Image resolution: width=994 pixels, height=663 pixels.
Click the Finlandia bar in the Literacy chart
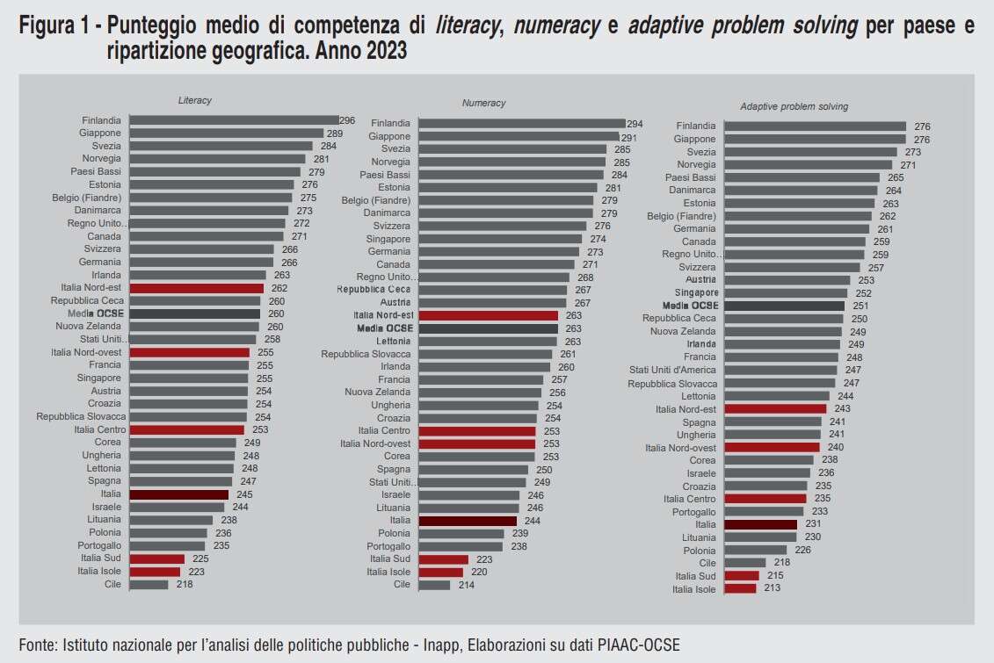pos(234,120)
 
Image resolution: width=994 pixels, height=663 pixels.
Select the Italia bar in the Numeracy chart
pos(468,521)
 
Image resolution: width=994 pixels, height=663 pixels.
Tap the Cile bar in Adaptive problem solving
pos(745,563)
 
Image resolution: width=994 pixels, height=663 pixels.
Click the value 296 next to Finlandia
pos(347,120)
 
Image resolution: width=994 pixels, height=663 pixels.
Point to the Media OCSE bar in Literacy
pos(195,313)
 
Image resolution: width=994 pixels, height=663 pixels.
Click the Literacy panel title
pos(195,101)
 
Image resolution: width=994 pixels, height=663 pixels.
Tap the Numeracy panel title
pos(484,104)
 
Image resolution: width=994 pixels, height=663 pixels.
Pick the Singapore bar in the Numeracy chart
pos(500,239)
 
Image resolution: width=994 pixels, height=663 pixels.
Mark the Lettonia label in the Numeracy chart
pos(393,342)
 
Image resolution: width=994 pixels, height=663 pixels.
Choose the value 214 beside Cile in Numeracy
pos(466,585)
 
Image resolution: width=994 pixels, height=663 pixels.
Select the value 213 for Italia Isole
pos(772,589)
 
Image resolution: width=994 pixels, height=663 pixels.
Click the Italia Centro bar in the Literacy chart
pos(186,430)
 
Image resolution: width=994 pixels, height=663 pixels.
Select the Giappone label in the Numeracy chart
pos(389,137)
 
